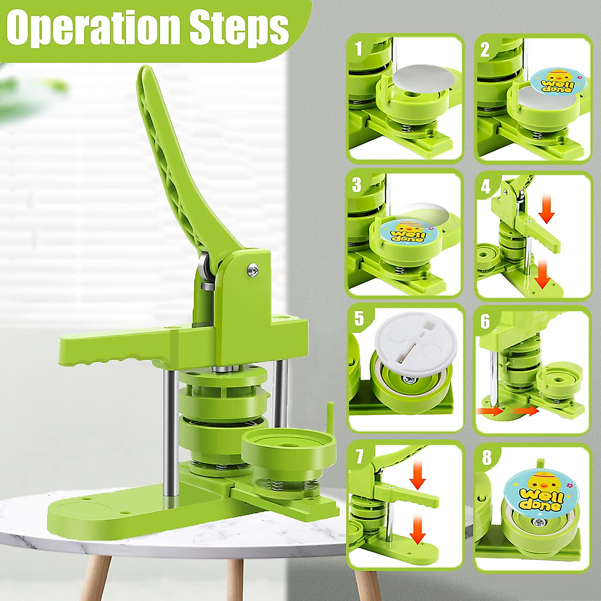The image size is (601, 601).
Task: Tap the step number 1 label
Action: (358, 49)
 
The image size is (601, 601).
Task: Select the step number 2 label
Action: (484, 49)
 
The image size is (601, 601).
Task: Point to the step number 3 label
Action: (356, 185)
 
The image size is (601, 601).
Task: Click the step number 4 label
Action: (485, 186)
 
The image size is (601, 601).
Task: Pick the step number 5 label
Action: (359, 319)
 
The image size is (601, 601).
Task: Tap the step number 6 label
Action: (485, 321)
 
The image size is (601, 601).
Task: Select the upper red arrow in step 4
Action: (547, 214)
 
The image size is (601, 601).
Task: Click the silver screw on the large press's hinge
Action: (251, 270)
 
